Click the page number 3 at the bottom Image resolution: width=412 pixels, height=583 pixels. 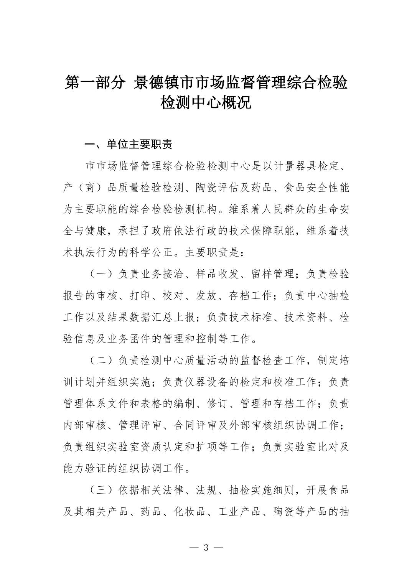tap(206, 547)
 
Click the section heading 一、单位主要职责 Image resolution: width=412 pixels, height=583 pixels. tap(129, 144)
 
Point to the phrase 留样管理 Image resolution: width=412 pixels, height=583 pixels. tap(273, 274)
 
